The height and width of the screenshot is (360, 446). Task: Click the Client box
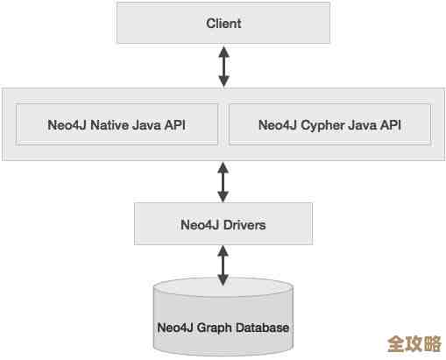coord(223,22)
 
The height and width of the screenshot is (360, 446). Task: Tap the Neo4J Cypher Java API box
coord(329,124)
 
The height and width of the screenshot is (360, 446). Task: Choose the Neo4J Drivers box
coord(223,224)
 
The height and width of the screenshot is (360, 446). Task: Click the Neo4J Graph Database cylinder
coord(223,320)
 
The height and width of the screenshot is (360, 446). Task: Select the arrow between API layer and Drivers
coord(223,181)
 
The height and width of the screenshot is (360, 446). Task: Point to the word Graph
coord(216,328)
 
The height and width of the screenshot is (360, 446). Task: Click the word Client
coord(223,22)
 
